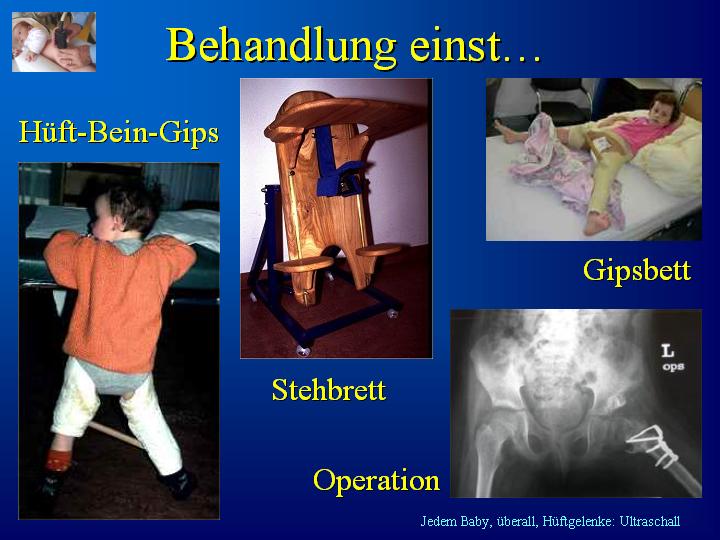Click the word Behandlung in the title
click(x=281, y=46)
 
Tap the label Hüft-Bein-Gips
click(x=118, y=133)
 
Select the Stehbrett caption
click(x=329, y=390)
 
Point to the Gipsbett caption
click(x=637, y=271)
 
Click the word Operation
click(x=376, y=481)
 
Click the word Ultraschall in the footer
click(x=649, y=521)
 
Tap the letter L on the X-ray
click(x=668, y=351)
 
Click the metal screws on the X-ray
click(x=653, y=444)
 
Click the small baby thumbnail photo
click(x=54, y=42)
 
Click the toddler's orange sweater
click(x=118, y=298)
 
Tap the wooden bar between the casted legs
click(x=116, y=434)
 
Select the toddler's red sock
click(x=58, y=461)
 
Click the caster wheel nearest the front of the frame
click(x=303, y=350)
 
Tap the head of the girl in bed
click(x=663, y=108)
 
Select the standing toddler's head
click(x=123, y=214)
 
